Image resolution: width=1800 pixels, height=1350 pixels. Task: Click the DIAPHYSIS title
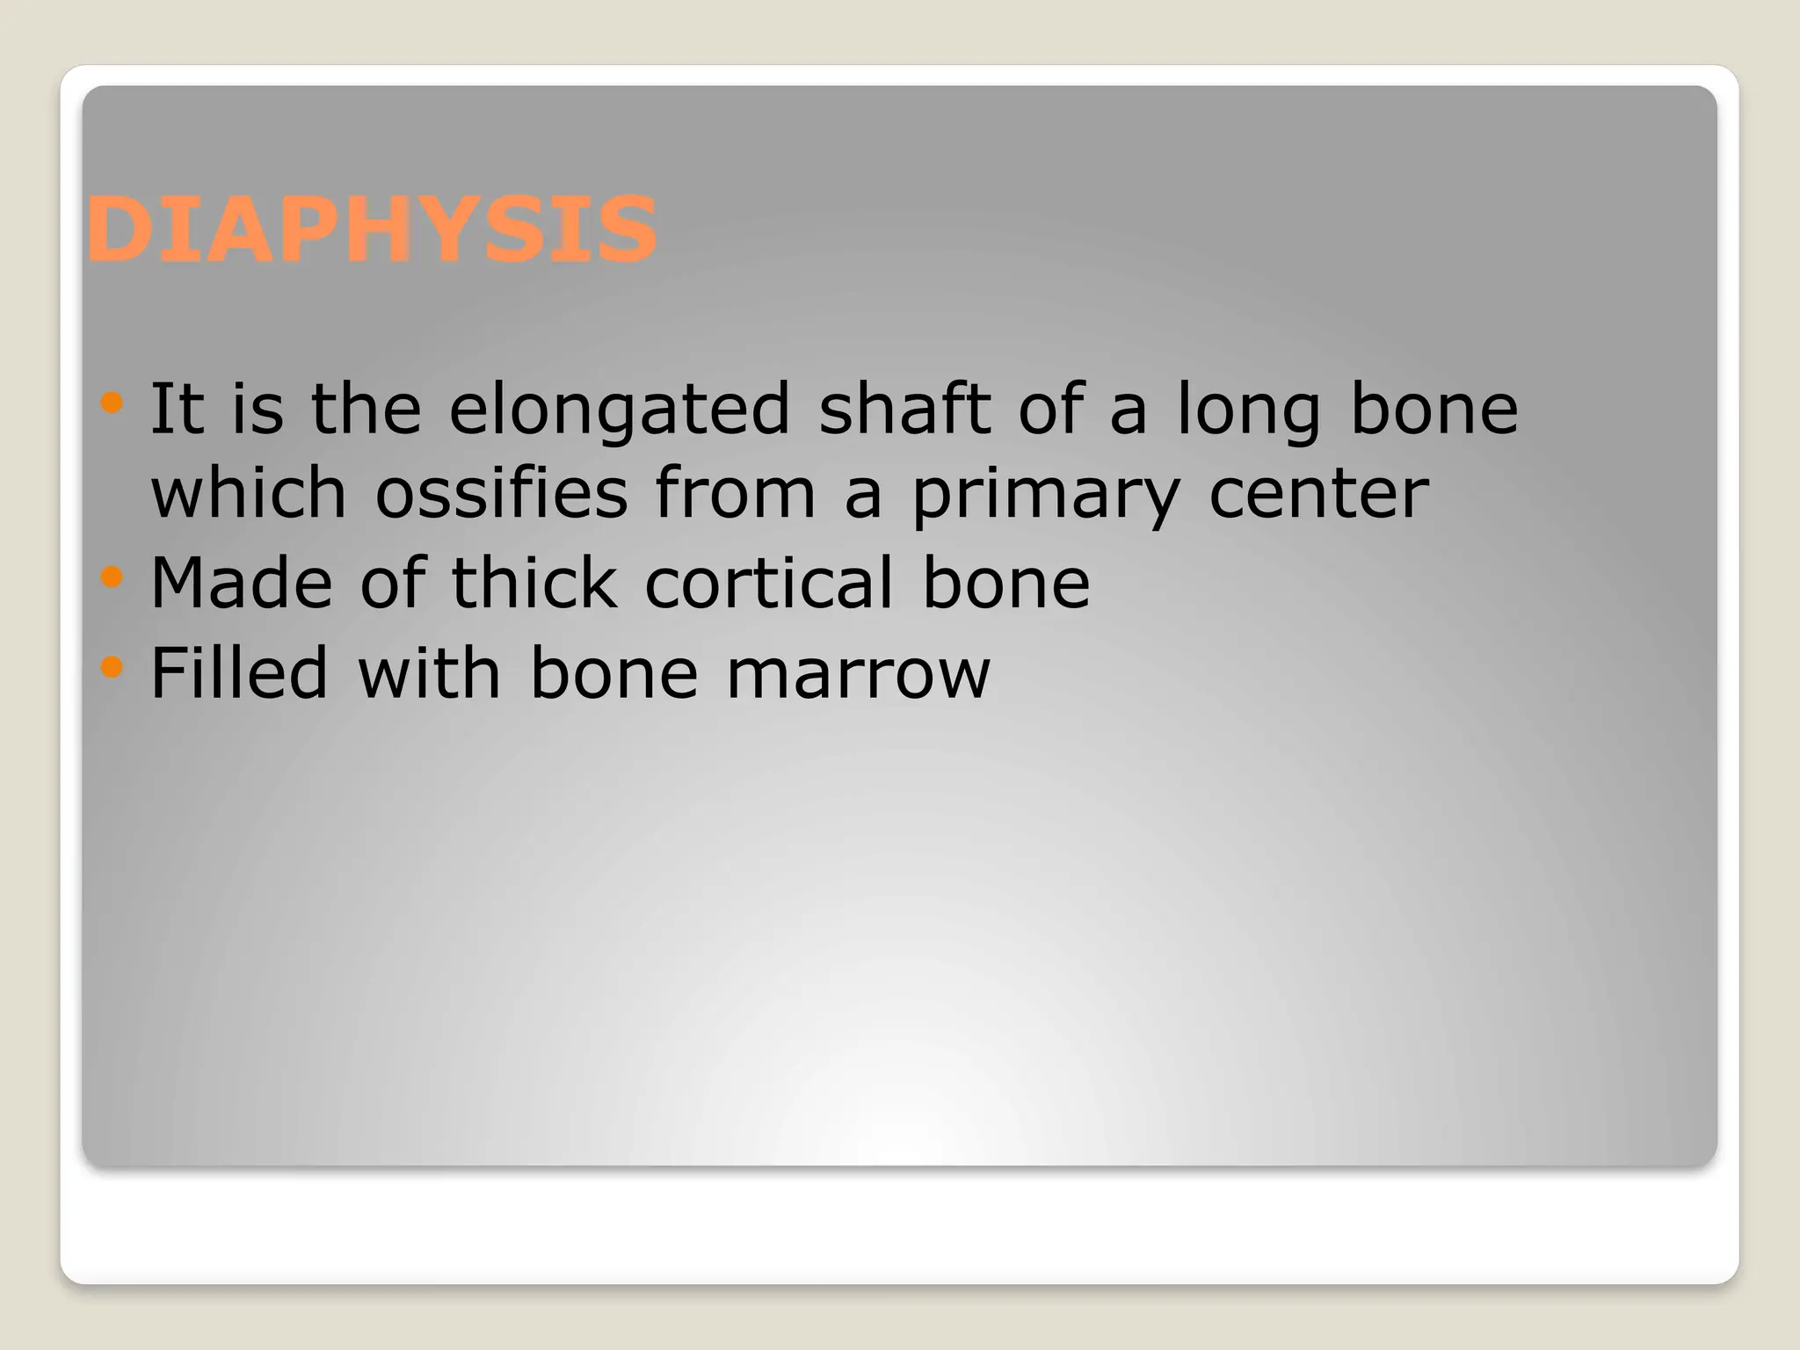[x=371, y=230]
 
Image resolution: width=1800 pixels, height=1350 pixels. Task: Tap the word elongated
[x=620, y=410]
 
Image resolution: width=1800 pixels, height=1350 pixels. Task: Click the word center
[x=1318, y=494]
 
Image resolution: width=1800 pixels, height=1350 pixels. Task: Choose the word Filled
[x=239, y=672]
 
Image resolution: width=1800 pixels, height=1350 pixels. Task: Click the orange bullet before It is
[x=112, y=403]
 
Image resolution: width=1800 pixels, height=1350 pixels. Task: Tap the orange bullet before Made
[x=112, y=577]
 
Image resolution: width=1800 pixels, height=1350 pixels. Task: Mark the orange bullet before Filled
[x=112, y=668]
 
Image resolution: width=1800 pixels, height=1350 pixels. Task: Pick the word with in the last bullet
[x=429, y=672]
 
